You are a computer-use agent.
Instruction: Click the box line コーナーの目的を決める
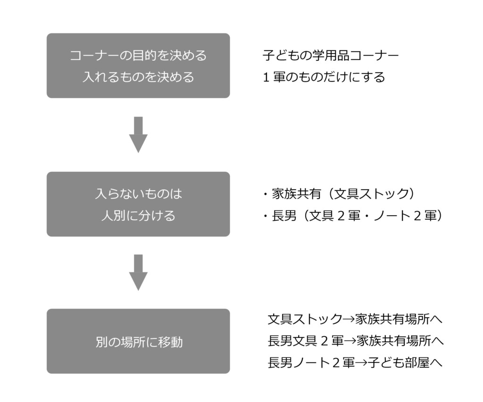coord(138,56)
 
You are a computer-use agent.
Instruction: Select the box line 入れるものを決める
coord(138,77)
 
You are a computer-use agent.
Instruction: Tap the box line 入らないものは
coord(138,193)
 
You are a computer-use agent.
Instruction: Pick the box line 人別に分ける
coord(138,216)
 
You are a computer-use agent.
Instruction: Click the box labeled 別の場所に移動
coord(138,342)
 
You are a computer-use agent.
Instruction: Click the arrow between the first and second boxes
coord(138,135)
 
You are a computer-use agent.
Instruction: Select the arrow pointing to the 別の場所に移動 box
coord(138,273)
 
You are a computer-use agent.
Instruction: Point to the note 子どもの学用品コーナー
coord(330,56)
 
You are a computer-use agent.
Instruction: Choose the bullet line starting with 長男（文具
coord(354,216)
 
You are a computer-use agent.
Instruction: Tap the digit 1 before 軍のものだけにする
coord(266,77)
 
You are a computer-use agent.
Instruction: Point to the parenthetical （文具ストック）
coord(373,193)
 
